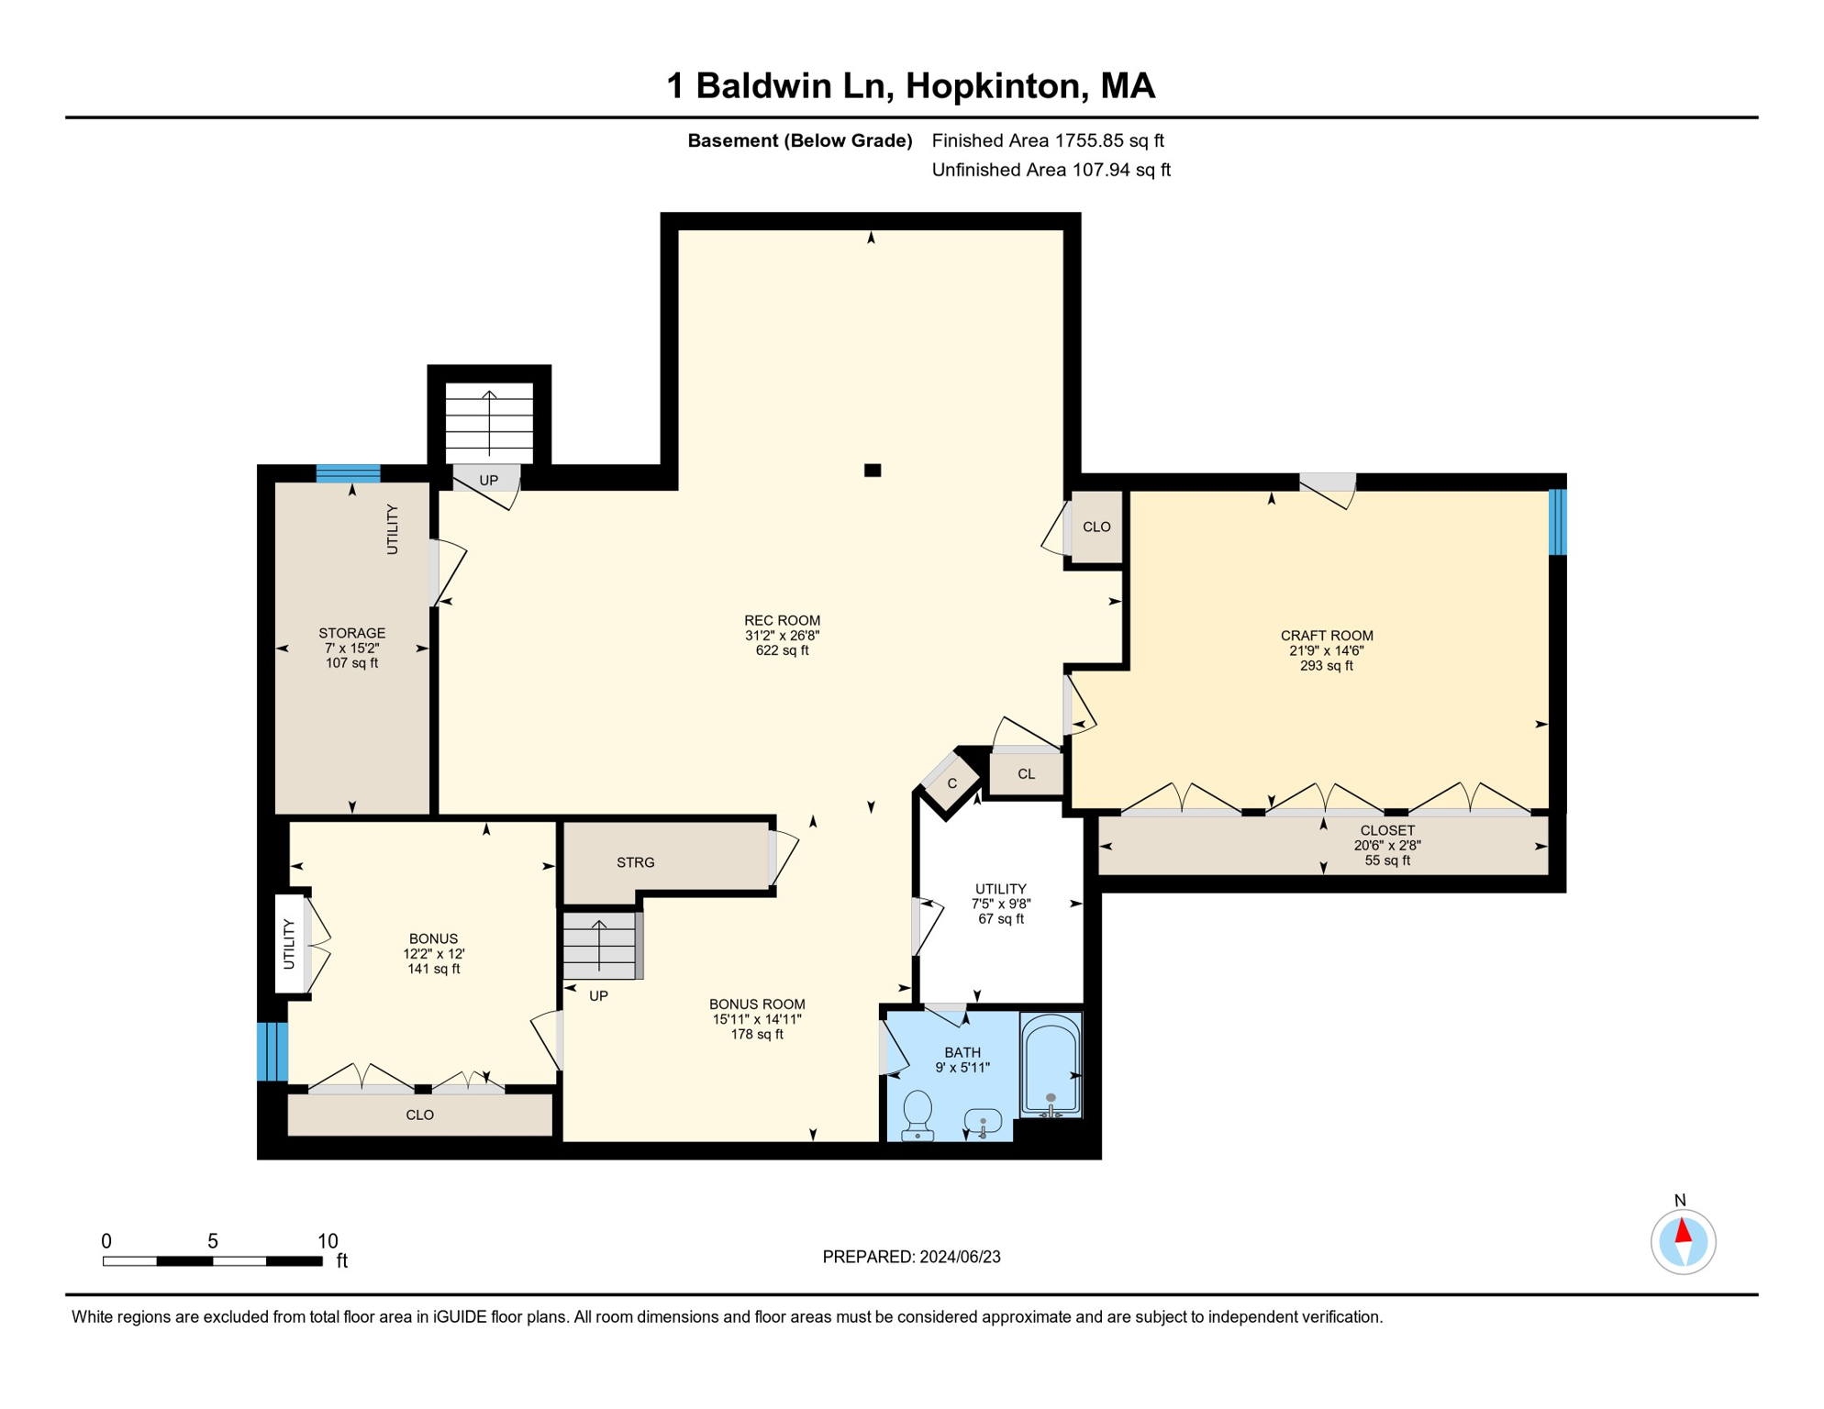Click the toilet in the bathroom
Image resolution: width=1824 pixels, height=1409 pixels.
tap(918, 1115)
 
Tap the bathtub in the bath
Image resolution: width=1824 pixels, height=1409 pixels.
tap(1051, 1065)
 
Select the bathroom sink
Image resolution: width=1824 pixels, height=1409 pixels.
tap(983, 1122)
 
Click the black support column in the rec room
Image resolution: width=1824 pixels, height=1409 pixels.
tap(873, 471)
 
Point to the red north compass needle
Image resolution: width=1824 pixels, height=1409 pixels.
tap(1683, 1230)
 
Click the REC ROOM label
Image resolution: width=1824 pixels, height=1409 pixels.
tap(782, 620)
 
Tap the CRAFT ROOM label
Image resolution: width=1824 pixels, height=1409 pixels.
tap(1327, 636)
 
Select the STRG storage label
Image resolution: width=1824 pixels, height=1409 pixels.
tap(636, 862)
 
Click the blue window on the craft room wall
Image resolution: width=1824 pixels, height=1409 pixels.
tap(1557, 522)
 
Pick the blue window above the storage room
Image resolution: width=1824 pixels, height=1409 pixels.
tap(349, 473)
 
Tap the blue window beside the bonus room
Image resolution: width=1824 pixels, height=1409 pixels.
tap(272, 1051)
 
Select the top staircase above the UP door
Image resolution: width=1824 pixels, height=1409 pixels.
tap(489, 423)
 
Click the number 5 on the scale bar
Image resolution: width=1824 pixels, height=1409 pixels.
tap(213, 1241)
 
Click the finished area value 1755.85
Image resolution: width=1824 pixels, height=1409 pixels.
tap(1089, 140)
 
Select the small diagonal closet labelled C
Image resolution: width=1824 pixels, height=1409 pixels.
tap(951, 782)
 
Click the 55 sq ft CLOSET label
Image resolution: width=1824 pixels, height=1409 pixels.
tap(1387, 845)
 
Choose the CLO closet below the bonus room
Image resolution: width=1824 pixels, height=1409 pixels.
tap(420, 1115)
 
